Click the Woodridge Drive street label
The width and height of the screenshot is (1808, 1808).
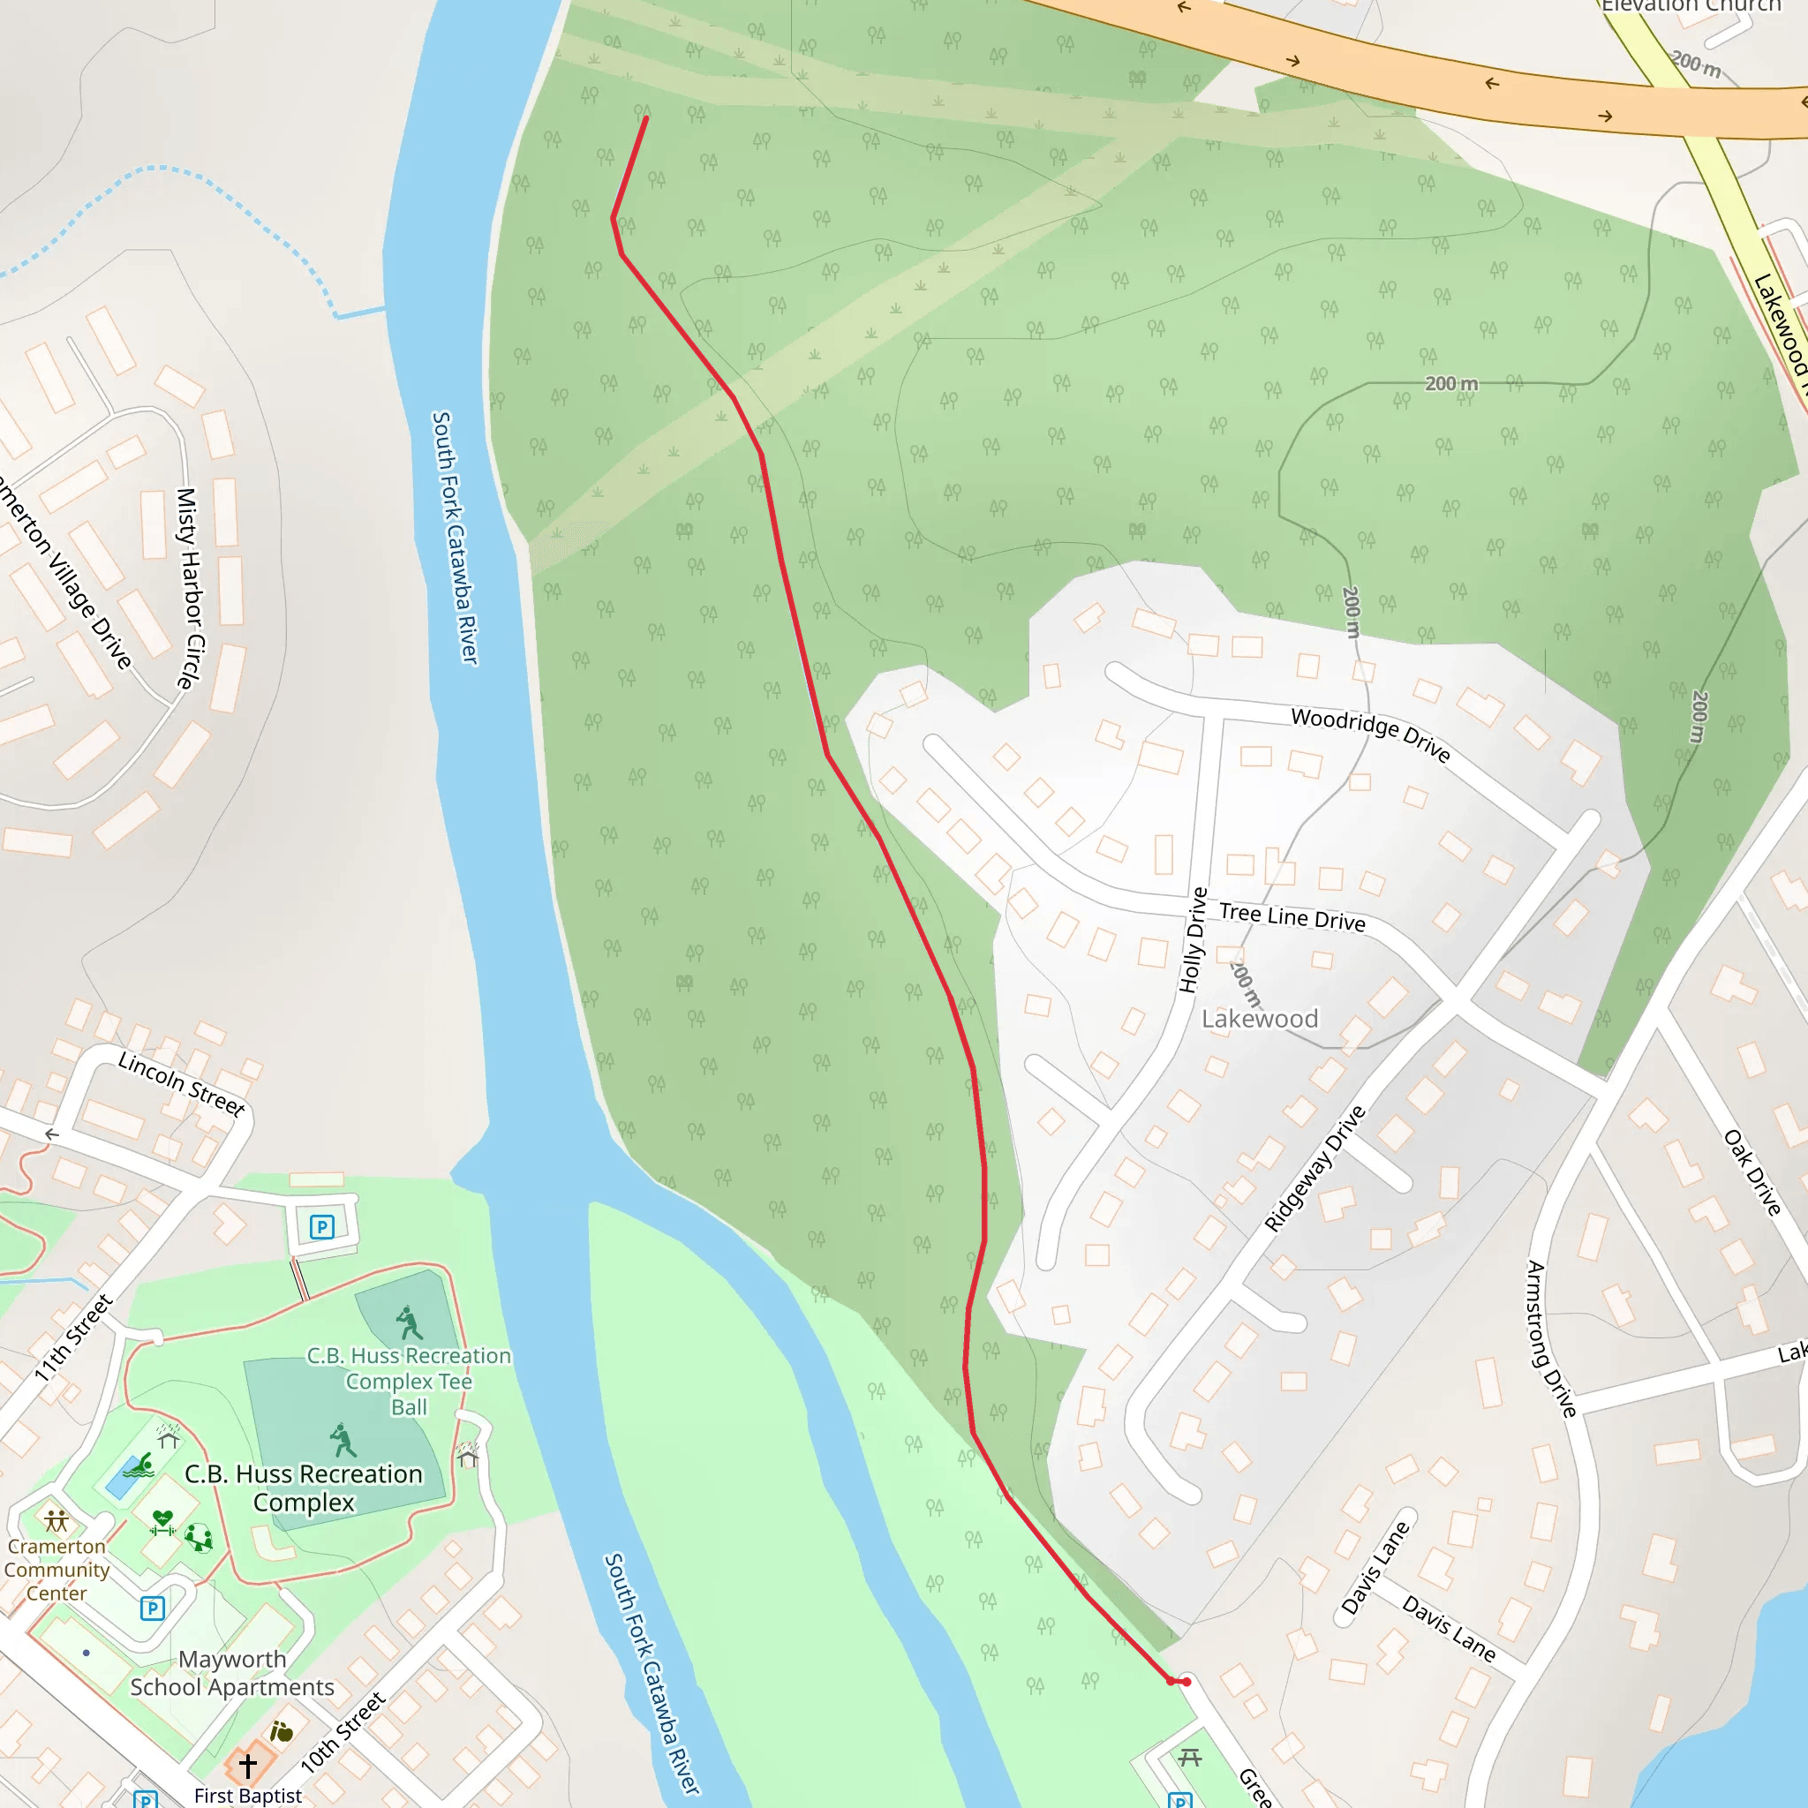[1370, 734]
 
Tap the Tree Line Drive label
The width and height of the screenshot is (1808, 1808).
[1292, 917]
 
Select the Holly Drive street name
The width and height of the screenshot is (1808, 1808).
[1194, 939]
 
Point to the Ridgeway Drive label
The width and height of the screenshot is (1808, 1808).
[1315, 1169]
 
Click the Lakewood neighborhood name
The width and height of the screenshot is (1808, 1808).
[1260, 1019]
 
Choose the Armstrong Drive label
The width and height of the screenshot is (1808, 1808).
[1552, 1338]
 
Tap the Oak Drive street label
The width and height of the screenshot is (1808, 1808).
[1752, 1172]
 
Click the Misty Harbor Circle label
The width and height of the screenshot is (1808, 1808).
[190, 589]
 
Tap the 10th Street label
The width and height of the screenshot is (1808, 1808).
[343, 1732]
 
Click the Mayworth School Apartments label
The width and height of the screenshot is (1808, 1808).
[232, 1673]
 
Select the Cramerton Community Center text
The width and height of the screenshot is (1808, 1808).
[56, 1570]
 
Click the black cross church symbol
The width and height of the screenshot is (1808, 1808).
[248, 1766]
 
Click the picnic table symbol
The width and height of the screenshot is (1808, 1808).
[1189, 1758]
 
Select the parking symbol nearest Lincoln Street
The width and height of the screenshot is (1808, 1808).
[322, 1227]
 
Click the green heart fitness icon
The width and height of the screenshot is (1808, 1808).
[162, 1520]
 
